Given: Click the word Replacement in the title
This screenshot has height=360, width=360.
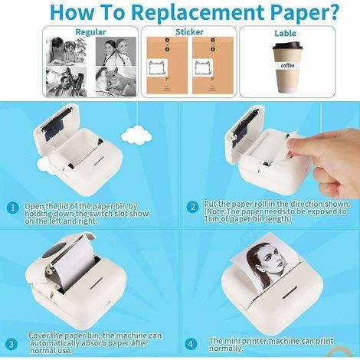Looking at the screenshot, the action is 198,12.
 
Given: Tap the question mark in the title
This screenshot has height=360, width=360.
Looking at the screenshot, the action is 332,12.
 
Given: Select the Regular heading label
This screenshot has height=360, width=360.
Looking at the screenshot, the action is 90,32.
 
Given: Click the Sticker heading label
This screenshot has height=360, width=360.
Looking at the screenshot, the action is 189,32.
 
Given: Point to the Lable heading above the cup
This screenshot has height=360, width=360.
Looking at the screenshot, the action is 285,33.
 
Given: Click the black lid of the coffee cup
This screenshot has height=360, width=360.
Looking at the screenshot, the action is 288,46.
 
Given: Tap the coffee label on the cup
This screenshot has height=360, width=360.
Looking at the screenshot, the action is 287,65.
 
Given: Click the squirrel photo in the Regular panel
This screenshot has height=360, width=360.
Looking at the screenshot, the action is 116,81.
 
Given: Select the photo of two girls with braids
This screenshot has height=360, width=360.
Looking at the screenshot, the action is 116,51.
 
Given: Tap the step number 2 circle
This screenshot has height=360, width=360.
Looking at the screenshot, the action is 192,207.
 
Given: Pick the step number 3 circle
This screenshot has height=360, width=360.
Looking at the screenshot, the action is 11,344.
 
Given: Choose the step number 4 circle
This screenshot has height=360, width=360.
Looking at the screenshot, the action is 191,343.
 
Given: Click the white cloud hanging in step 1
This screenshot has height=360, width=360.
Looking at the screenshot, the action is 136,133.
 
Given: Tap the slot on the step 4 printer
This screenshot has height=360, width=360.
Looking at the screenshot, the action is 290,293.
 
